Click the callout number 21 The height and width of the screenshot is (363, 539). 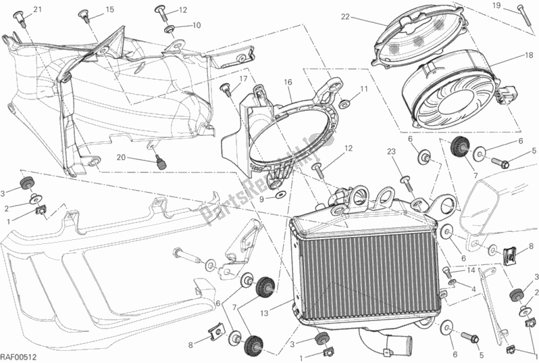coord(36,9)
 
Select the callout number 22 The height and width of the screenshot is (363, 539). coord(345,16)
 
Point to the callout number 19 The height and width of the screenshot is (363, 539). coord(516,5)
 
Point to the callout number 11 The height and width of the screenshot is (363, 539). coord(363,89)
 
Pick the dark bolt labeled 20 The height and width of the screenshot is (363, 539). coord(161,162)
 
